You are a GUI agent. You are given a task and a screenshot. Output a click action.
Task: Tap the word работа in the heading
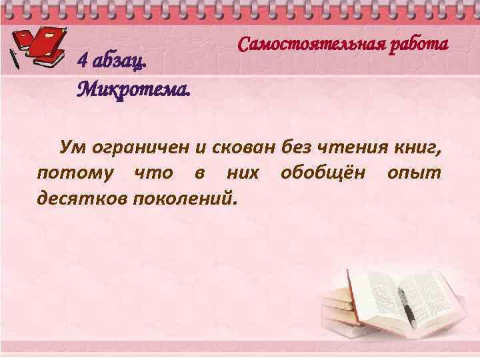417,45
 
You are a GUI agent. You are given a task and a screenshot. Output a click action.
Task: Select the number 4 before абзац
83,61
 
